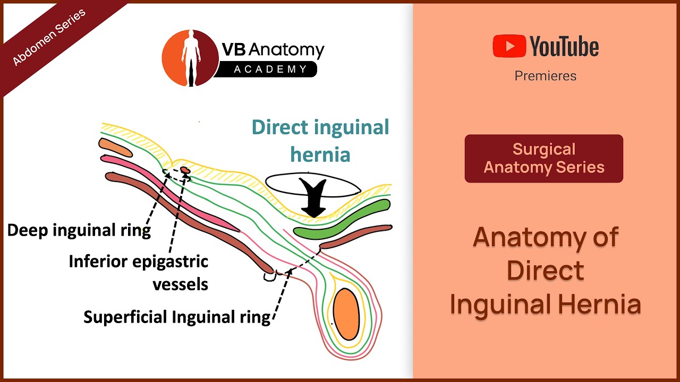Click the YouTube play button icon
pyautogui.click(x=509, y=46)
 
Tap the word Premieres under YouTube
pyautogui.click(x=545, y=76)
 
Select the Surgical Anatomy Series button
pyautogui.click(x=543, y=159)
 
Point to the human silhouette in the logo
pyautogui.click(x=190, y=58)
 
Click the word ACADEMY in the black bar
pyautogui.click(x=271, y=69)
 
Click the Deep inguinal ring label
pyautogui.click(x=79, y=230)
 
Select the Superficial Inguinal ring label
pyautogui.click(x=177, y=317)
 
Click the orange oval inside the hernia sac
pyautogui.click(x=345, y=314)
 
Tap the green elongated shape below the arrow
pyautogui.click(x=343, y=219)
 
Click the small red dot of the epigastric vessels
pyautogui.click(x=185, y=170)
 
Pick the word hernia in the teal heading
pyautogui.click(x=320, y=154)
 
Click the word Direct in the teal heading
pyautogui.click(x=279, y=127)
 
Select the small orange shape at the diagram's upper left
pyautogui.click(x=115, y=147)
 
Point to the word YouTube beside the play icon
pyautogui.click(x=564, y=47)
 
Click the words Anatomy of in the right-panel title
pyautogui.click(x=546, y=237)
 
